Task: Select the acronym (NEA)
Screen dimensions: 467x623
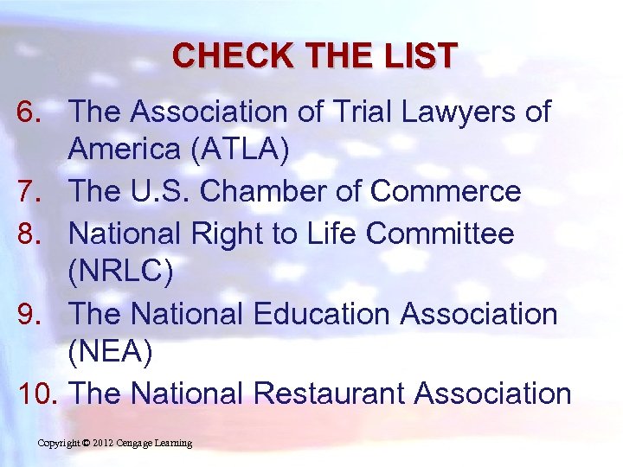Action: (112, 353)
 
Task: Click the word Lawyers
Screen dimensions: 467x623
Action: (449, 112)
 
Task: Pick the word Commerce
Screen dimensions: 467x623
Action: (446, 191)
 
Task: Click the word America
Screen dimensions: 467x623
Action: (124, 150)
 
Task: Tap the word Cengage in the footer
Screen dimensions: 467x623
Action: (138, 444)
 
